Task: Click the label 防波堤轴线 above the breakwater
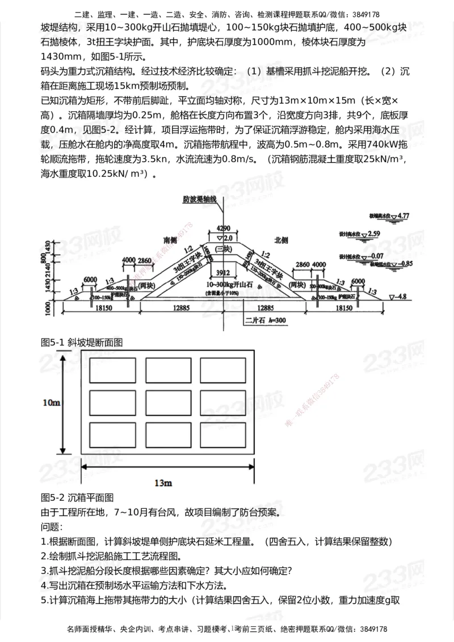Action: pos(200,200)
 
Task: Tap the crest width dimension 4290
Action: pos(224,228)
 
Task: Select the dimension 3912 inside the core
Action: pos(223,272)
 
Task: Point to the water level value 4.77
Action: pos(403,216)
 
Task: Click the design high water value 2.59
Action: pos(373,233)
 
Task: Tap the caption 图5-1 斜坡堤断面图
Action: pos(82,343)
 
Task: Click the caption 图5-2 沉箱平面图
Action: pos(78,497)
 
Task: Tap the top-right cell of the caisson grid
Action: pos(222,370)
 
